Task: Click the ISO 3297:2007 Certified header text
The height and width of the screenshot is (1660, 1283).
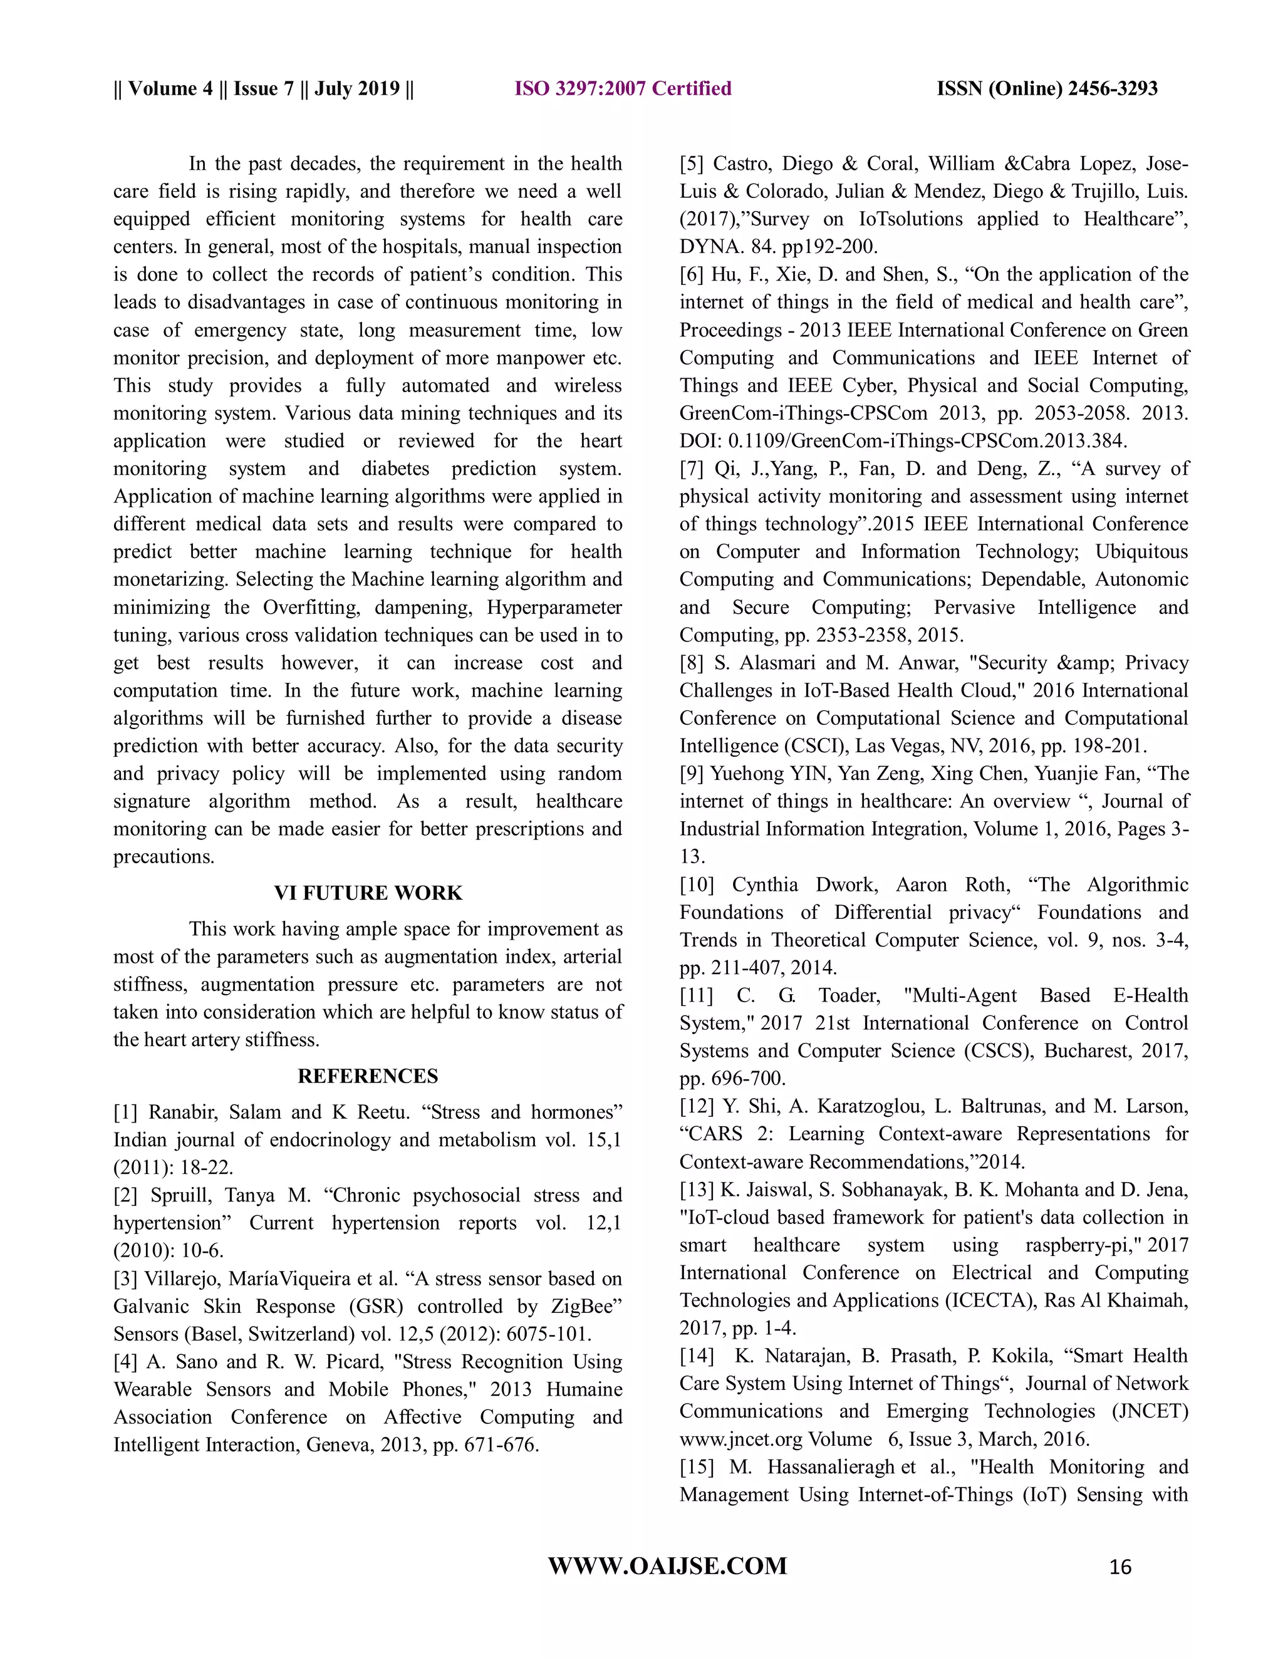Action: pyautogui.click(x=623, y=89)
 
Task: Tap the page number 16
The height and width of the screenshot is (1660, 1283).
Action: pyautogui.click(x=1120, y=1567)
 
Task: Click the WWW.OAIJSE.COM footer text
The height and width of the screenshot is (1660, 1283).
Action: pyautogui.click(x=667, y=1567)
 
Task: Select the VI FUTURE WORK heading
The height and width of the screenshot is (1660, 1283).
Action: pyautogui.click(x=368, y=893)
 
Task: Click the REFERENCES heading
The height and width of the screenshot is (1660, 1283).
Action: pyautogui.click(x=368, y=1076)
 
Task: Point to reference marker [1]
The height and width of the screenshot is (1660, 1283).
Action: pyautogui.click(x=125, y=1113)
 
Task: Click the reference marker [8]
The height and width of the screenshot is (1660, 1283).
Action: pyautogui.click(x=692, y=663)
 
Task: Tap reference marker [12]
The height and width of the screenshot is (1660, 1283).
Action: pyautogui.click(x=696, y=1107)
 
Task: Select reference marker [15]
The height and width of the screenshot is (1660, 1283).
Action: pyautogui.click(x=696, y=1467)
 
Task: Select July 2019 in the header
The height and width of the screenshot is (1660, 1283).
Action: pyautogui.click(x=356, y=89)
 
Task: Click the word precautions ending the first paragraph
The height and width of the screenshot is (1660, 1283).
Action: pyautogui.click(x=164, y=858)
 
